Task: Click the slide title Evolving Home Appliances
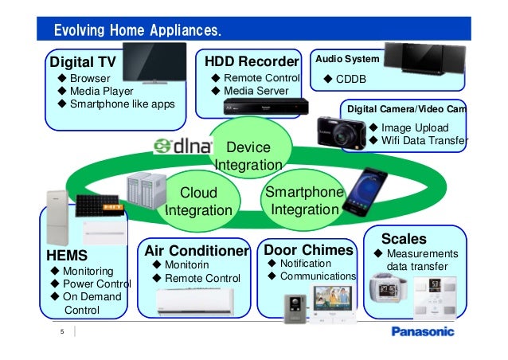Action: pos(136,31)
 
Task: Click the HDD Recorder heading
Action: pos(251,61)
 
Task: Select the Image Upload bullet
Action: pos(414,127)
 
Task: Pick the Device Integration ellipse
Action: pos(248,155)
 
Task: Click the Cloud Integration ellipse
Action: pos(198,202)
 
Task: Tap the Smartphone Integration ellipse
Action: pos(303,201)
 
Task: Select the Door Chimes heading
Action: pos(307,250)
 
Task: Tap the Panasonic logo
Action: pos(421,331)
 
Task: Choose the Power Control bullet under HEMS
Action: pos(96,284)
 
